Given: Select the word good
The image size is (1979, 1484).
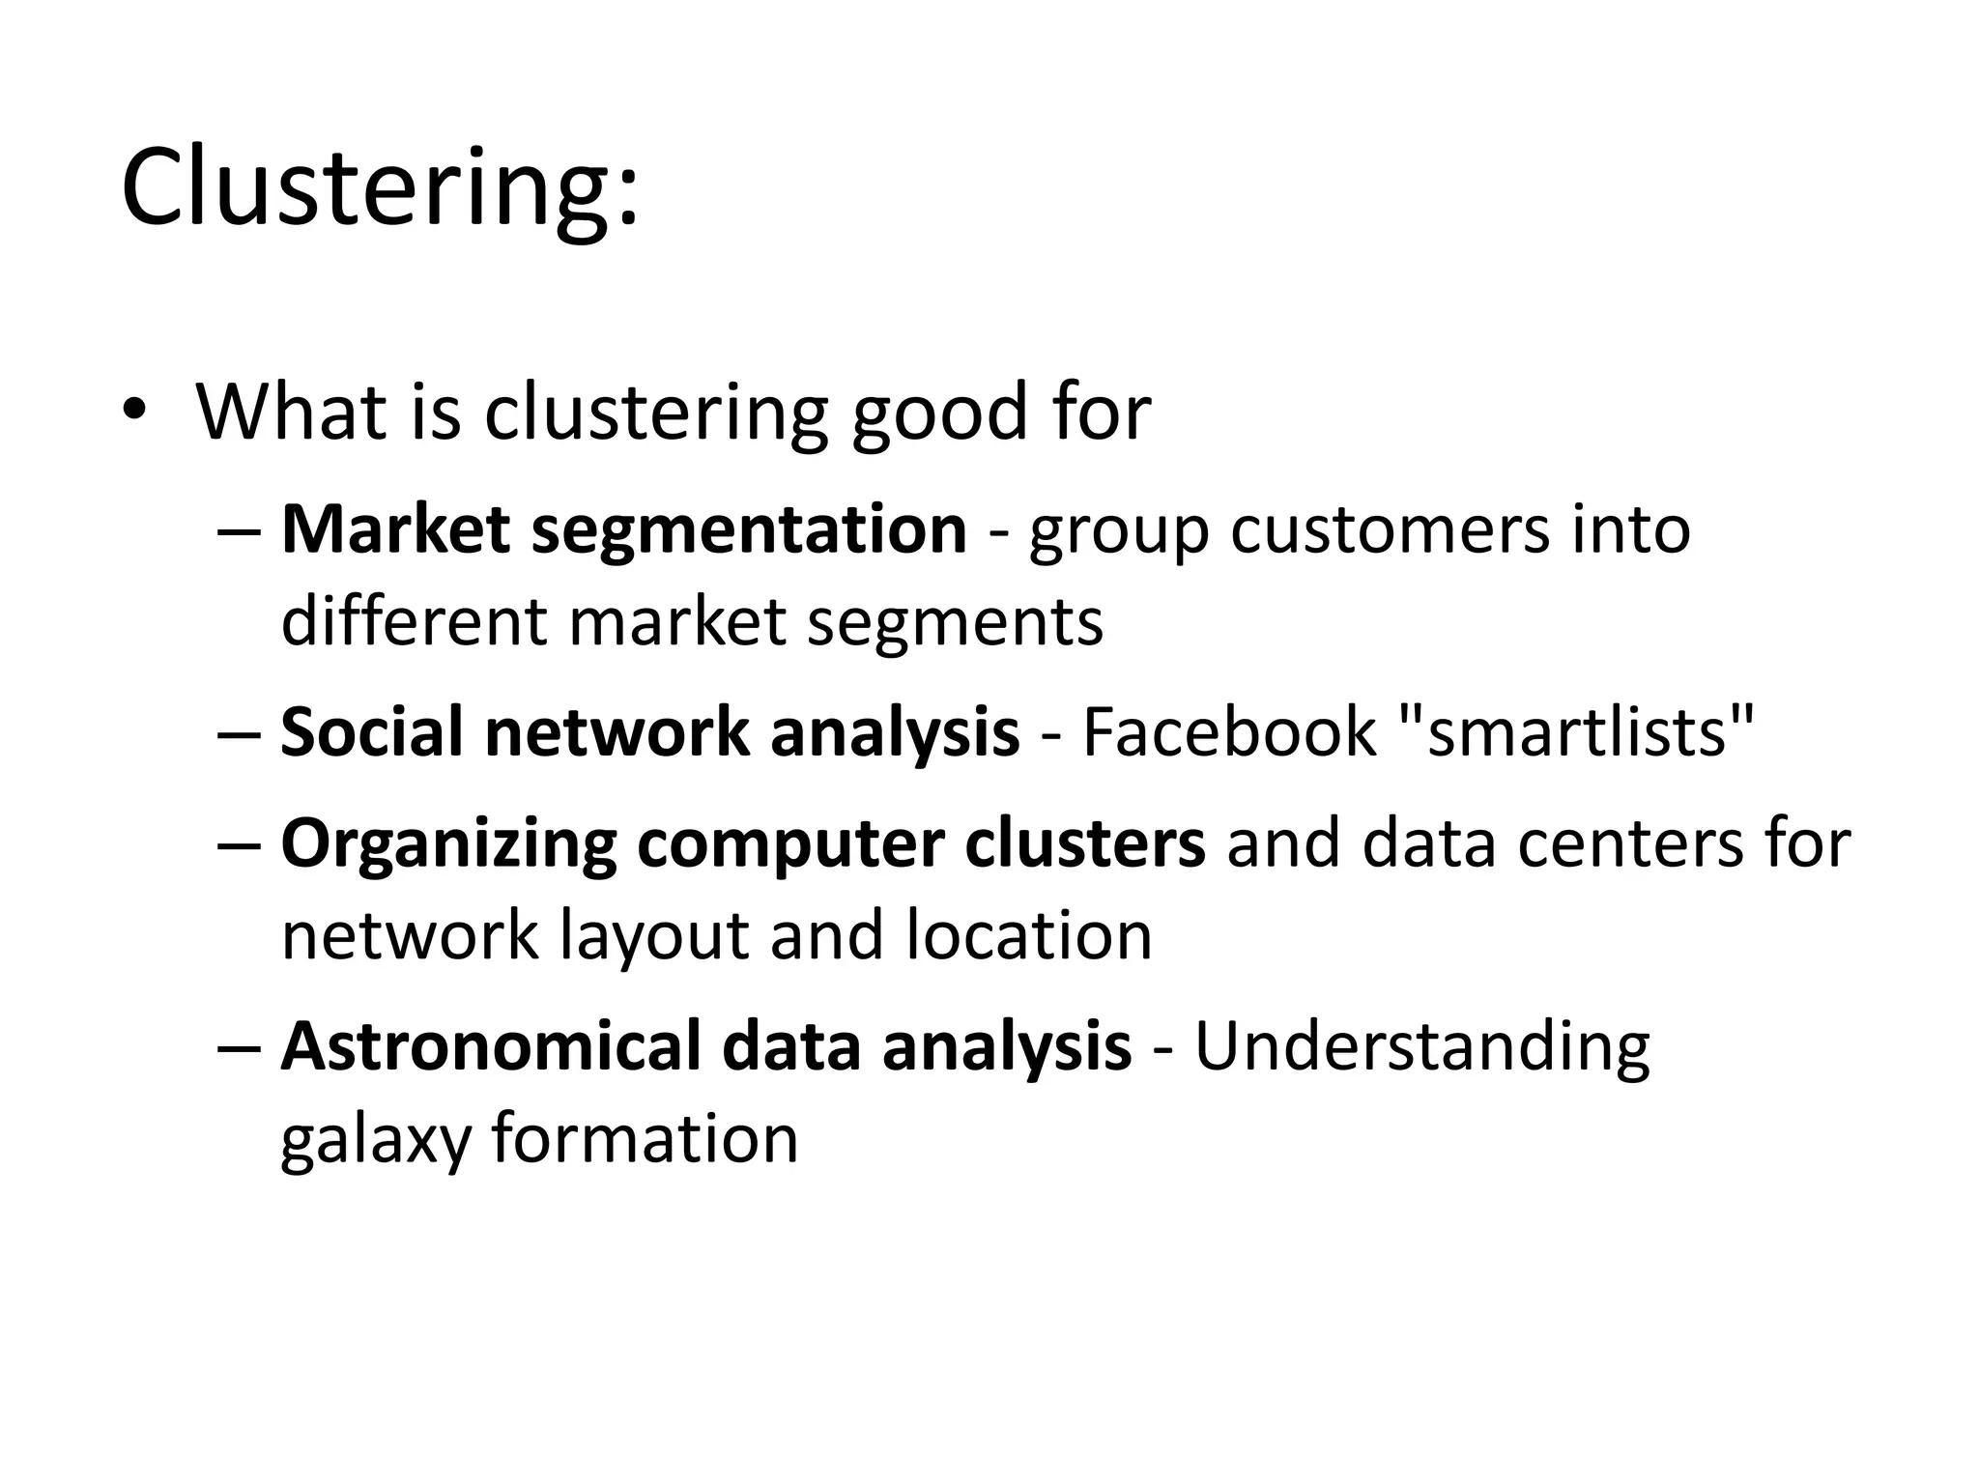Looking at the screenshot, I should coord(927,414).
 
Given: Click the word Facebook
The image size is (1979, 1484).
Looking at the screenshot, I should coord(1228,731).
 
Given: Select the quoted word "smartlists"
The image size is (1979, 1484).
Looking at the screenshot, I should coord(1576,731).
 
